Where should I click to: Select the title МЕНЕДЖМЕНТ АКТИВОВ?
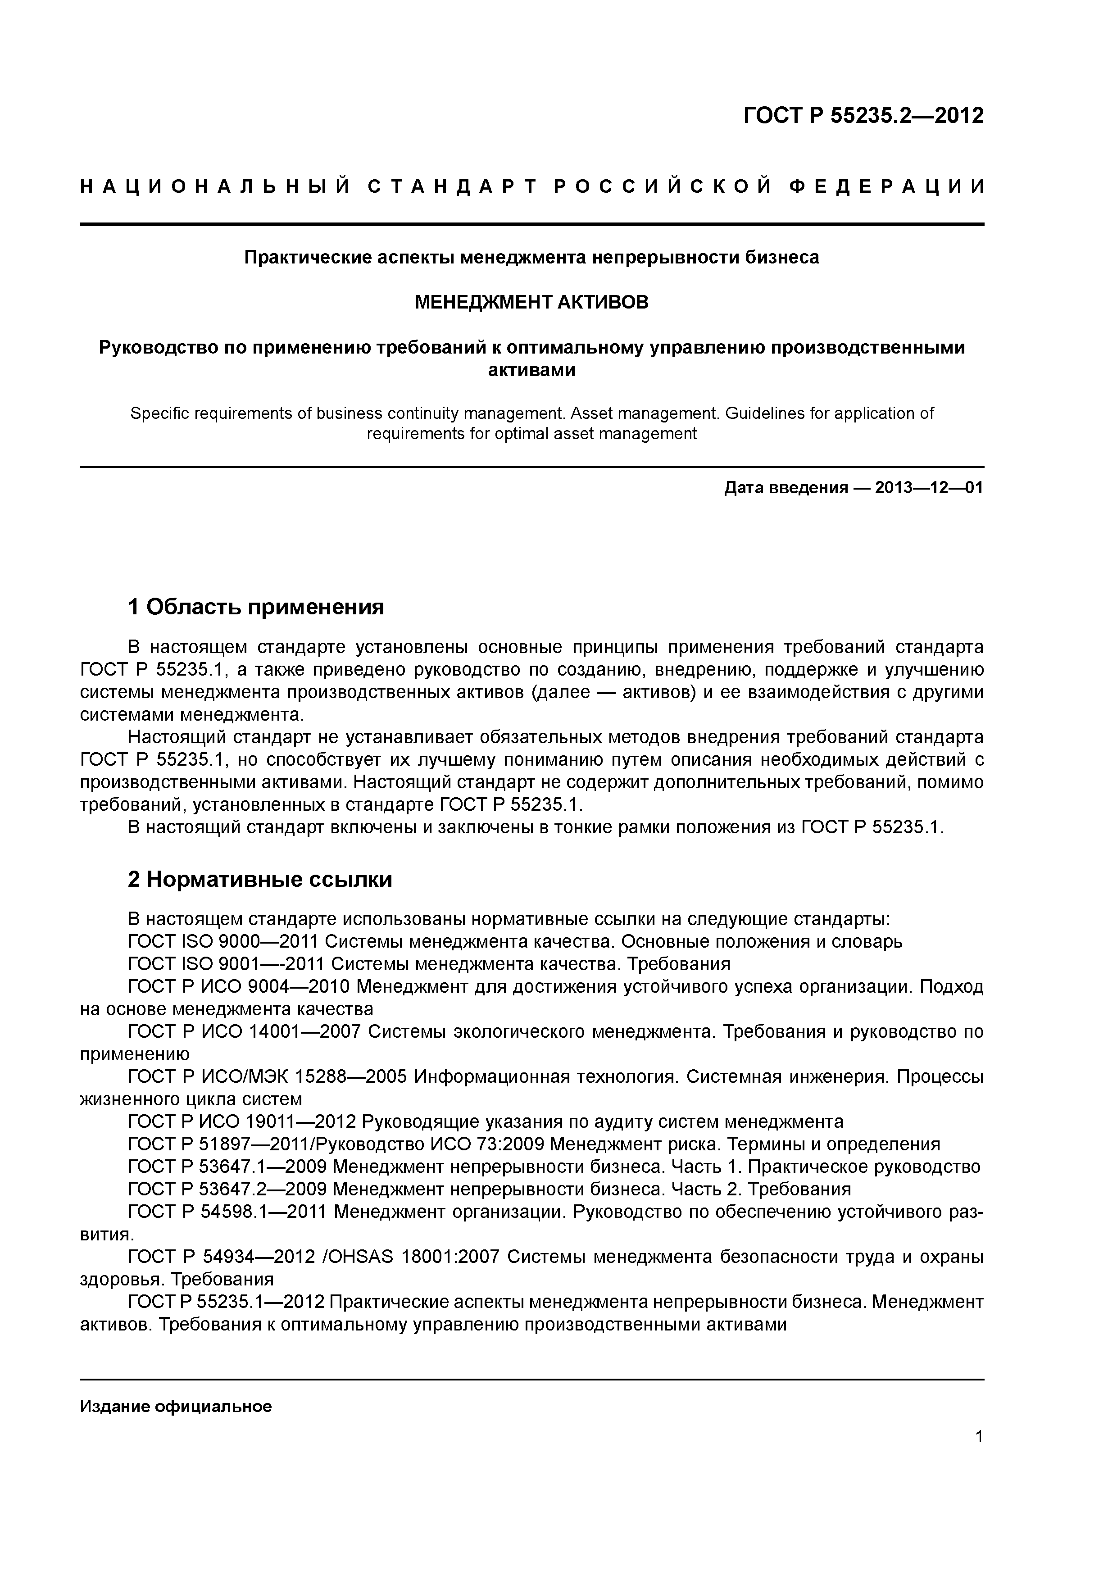(x=531, y=302)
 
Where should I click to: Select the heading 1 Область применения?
(x=256, y=607)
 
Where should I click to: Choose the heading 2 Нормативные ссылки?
(x=260, y=880)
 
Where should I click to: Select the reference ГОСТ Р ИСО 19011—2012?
(x=241, y=1121)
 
